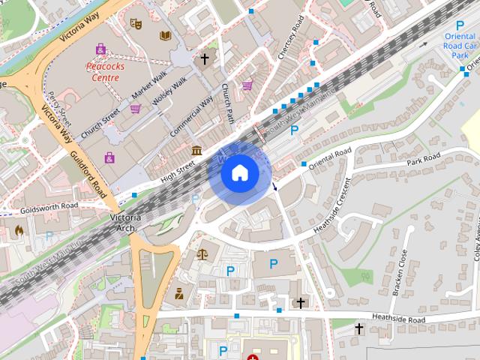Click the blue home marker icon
(239, 173)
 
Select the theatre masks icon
(135, 24)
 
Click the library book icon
(165, 35)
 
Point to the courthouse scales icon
(202, 253)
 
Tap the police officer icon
(179, 292)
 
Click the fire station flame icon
(18, 231)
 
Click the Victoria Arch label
(124, 222)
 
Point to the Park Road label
(423, 160)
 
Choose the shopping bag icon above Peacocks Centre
(100, 49)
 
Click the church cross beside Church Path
(204, 58)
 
